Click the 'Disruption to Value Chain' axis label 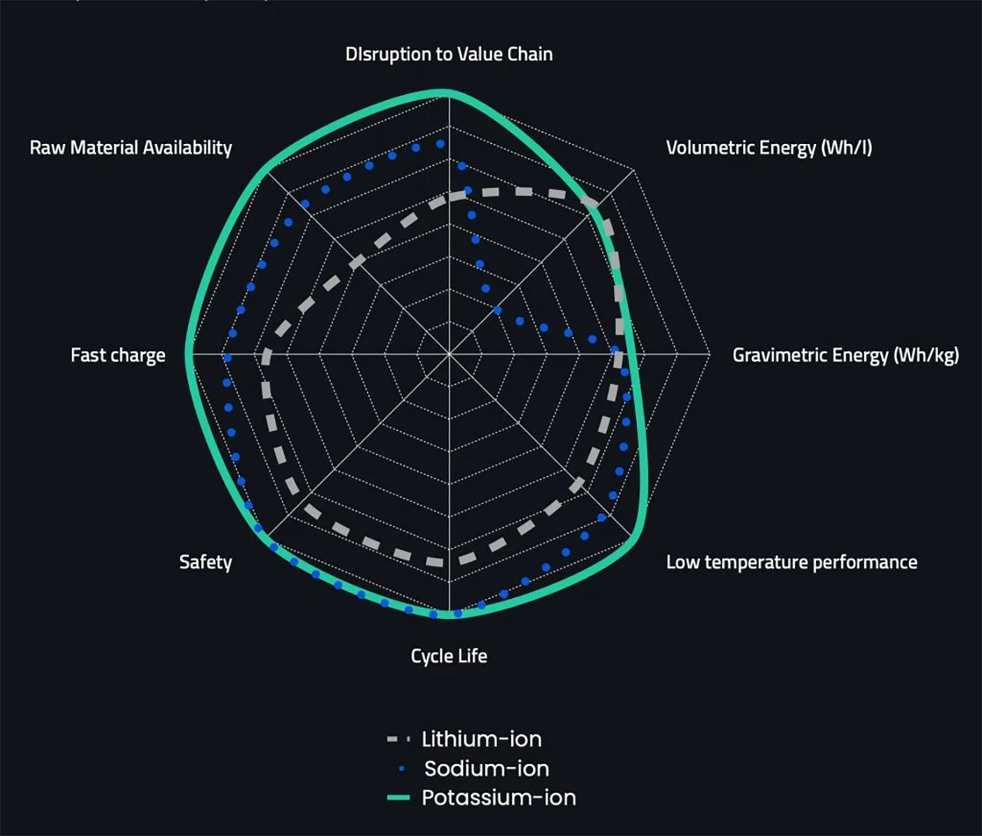[449, 55]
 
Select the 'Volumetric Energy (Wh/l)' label [769, 148]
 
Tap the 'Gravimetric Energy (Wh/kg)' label [846, 356]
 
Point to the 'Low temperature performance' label [791, 562]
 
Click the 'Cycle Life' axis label [449, 656]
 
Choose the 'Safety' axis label [206, 562]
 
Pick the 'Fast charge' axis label [118, 355]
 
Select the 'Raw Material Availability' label [130, 148]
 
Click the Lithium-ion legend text [482, 739]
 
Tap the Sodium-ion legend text [487, 769]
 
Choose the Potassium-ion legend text [499, 798]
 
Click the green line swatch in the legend [398, 798]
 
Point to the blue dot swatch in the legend [402, 769]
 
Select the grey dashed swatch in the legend [398, 739]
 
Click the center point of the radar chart [449, 354]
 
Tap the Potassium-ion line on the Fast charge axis [190, 354]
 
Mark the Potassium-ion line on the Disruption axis [449, 94]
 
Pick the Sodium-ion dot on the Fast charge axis [227, 357]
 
